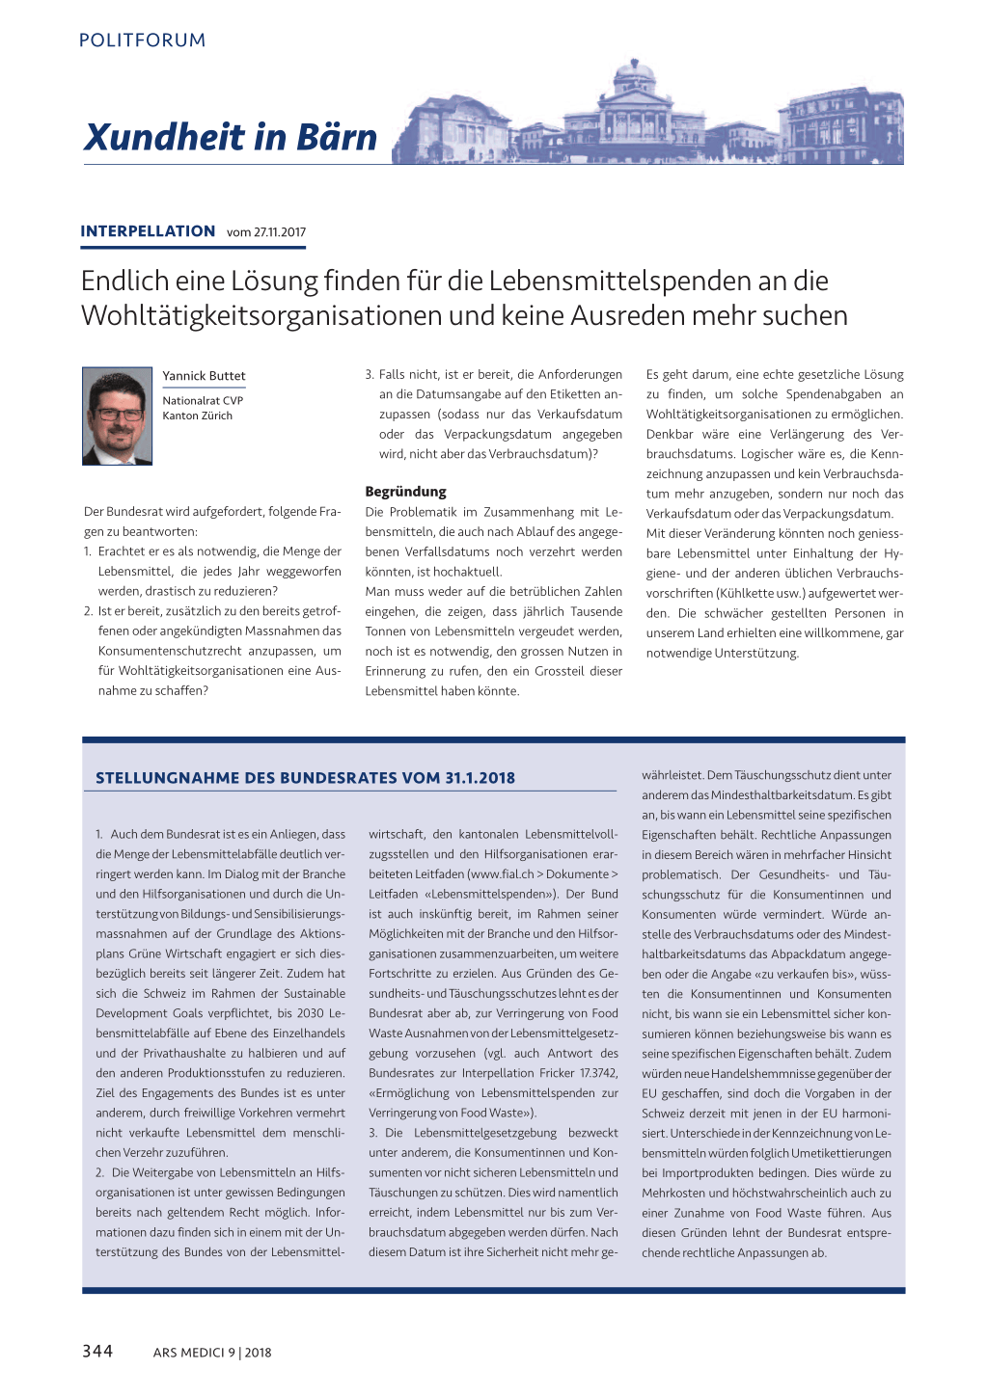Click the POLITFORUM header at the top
coord(142,40)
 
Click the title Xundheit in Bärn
coord(231,137)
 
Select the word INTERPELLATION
coord(148,231)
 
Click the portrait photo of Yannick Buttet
coord(118,416)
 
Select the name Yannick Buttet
coord(204,376)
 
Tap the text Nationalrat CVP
coord(203,401)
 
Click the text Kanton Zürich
coord(197,416)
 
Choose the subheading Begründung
coord(405,492)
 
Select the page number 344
coord(97,1352)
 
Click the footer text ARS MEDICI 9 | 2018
coord(212,1353)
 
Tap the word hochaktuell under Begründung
coord(468,572)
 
